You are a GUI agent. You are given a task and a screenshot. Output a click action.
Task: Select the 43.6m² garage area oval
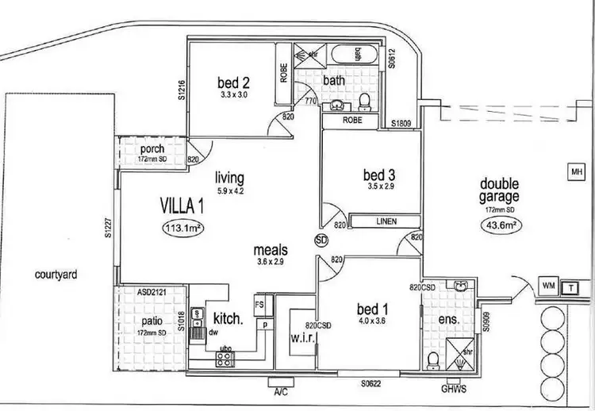point(500,225)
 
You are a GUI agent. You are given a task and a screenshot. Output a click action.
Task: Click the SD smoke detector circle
point(321,239)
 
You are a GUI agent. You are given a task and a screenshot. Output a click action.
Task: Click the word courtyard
point(56,275)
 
